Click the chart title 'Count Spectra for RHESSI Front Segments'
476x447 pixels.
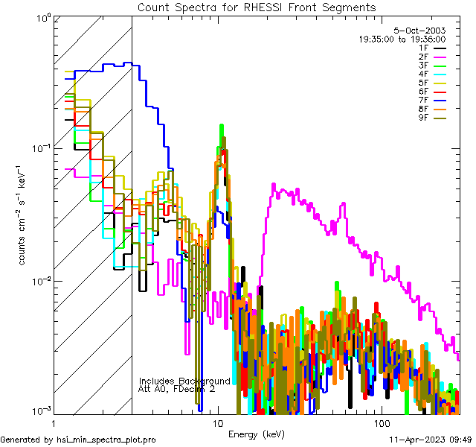coord(257,7)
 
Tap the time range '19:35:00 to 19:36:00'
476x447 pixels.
coord(402,39)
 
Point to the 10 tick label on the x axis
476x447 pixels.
coord(218,422)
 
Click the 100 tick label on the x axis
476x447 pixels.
coord(381,422)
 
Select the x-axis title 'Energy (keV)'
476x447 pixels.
coord(257,434)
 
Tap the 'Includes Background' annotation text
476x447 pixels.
coord(184,381)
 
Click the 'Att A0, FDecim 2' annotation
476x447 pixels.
coord(177,389)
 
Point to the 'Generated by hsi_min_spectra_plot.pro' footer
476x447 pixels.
coord(79,440)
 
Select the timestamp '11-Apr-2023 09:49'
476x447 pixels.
coord(431,440)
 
